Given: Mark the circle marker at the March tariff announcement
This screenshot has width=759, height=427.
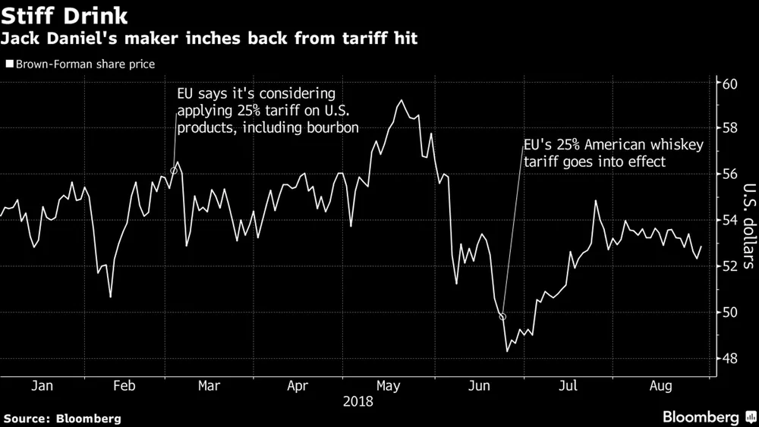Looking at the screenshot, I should (x=174, y=171).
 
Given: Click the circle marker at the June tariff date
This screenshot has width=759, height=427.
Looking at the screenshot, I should (x=502, y=317).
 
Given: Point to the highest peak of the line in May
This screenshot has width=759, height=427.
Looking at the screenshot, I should (x=400, y=100).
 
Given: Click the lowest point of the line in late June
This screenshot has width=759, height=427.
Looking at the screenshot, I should (x=507, y=351).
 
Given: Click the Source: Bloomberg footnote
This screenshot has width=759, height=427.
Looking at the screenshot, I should (x=61, y=418).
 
